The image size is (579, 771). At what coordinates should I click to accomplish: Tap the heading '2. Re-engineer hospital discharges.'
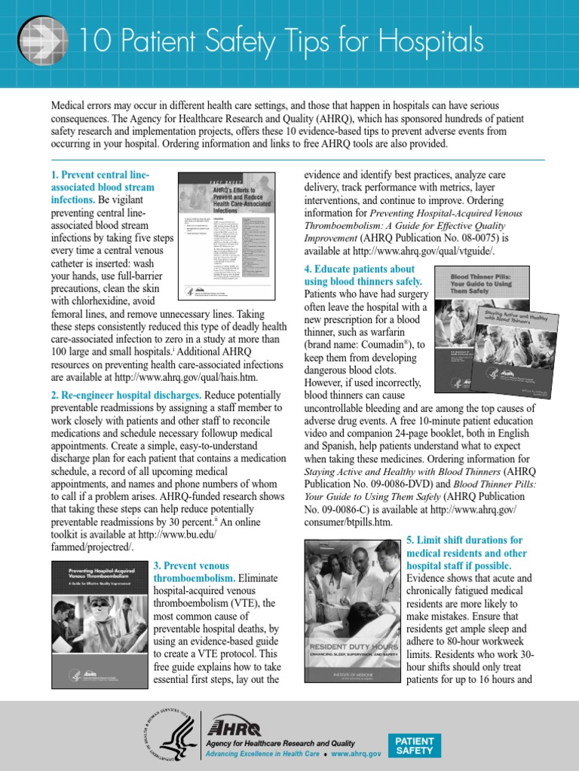pyautogui.click(x=126, y=395)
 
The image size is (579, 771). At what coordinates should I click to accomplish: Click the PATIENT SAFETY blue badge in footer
pyautogui.click(x=415, y=745)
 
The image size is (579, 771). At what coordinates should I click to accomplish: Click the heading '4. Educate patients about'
pyautogui.click(x=360, y=269)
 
